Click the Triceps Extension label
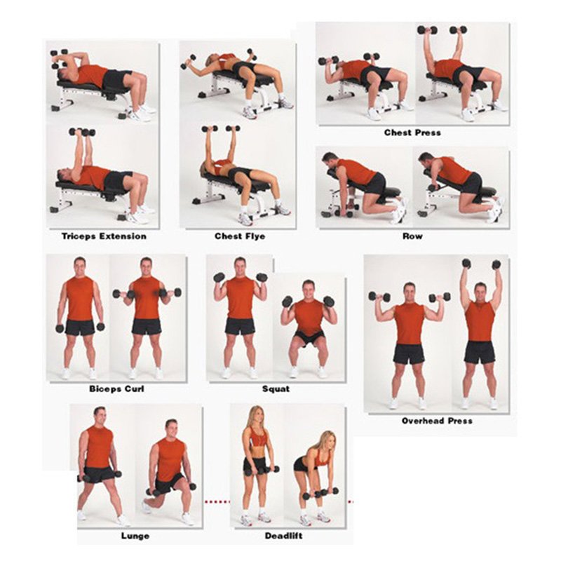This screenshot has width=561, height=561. click(x=103, y=236)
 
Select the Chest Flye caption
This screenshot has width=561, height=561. click(x=239, y=236)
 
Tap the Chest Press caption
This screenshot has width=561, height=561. click(x=412, y=133)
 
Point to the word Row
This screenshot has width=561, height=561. click(x=412, y=236)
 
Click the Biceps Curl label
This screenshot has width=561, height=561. click(x=117, y=388)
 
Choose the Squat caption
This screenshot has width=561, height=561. click(x=276, y=388)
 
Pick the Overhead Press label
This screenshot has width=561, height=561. click(x=437, y=421)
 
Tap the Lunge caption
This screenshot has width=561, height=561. click(x=136, y=536)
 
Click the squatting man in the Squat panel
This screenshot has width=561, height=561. click(x=309, y=326)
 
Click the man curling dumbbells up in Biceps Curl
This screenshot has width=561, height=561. click(x=147, y=316)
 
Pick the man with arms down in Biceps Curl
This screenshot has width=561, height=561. click(x=79, y=316)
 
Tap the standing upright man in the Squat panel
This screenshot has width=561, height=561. click(x=241, y=316)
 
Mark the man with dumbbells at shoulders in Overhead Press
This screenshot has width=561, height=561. click(x=409, y=337)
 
